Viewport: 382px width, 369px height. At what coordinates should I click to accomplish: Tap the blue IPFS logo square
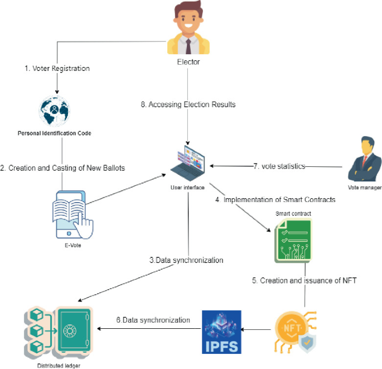click(x=221, y=332)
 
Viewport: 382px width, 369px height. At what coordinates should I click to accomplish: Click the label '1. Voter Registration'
click(x=57, y=69)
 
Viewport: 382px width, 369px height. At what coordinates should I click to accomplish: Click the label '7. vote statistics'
click(x=279, y=166)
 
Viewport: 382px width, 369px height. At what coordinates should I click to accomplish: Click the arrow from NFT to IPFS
click(x=257, y=330)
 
